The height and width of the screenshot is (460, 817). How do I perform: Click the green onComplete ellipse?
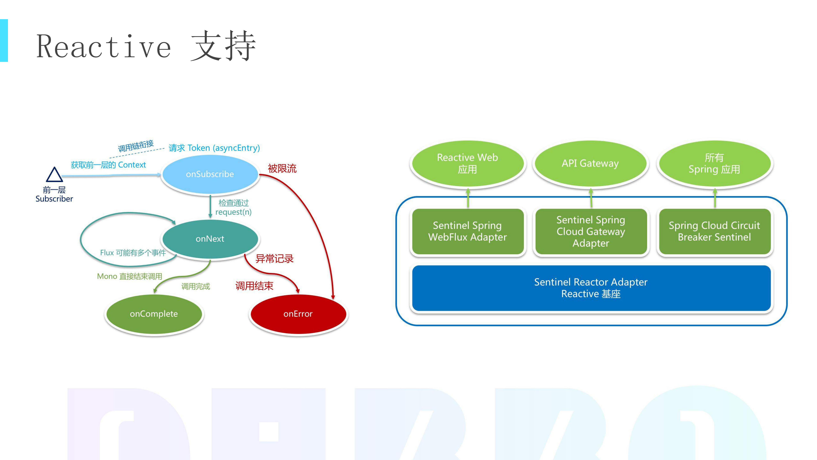[154, 314]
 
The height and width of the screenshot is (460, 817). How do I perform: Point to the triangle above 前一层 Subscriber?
[54, 175]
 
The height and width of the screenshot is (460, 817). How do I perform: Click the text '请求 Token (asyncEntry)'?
[214, 148]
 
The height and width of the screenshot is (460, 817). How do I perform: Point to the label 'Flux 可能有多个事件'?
[133, 253]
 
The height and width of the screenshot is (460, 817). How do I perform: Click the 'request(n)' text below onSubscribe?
[233, 212]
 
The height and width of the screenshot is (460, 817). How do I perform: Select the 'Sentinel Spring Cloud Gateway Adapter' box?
[591, 231]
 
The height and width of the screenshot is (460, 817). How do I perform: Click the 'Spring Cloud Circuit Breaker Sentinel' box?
[714, 231]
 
